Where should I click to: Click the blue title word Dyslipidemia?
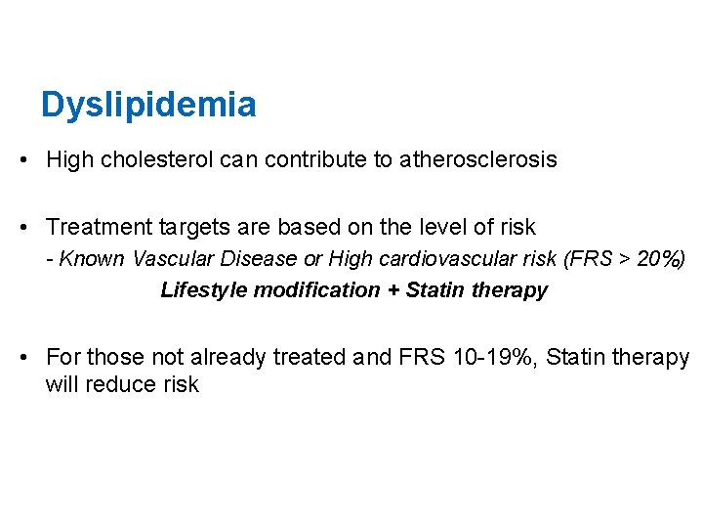tap(148, 104)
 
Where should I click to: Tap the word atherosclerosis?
tap(478, 159)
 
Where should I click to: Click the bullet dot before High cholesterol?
tap(21, 159)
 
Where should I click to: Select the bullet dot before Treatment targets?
tap(21, 228)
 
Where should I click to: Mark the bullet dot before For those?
tap(21, 358)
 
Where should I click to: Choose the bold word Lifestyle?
tap(201, 290)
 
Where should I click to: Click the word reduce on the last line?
tap(116, 384)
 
